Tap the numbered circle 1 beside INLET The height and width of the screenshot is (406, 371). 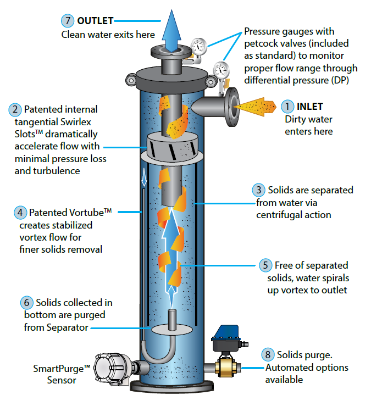[x=288, y=106]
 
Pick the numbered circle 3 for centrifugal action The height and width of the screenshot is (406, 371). [x=259, y=191]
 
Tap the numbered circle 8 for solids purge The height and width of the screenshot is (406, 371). [x=268, y=355]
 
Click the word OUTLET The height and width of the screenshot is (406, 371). [x=95, y=21]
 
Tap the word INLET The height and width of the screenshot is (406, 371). [x=310, y=106]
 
